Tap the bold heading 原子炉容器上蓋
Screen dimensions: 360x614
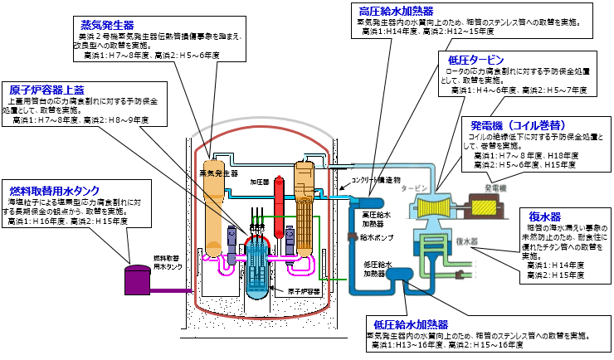(x=47, y=89)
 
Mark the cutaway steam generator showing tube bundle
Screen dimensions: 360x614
(x=302, y=208)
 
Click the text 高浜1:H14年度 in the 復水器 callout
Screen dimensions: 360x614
(x=555, y=265)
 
